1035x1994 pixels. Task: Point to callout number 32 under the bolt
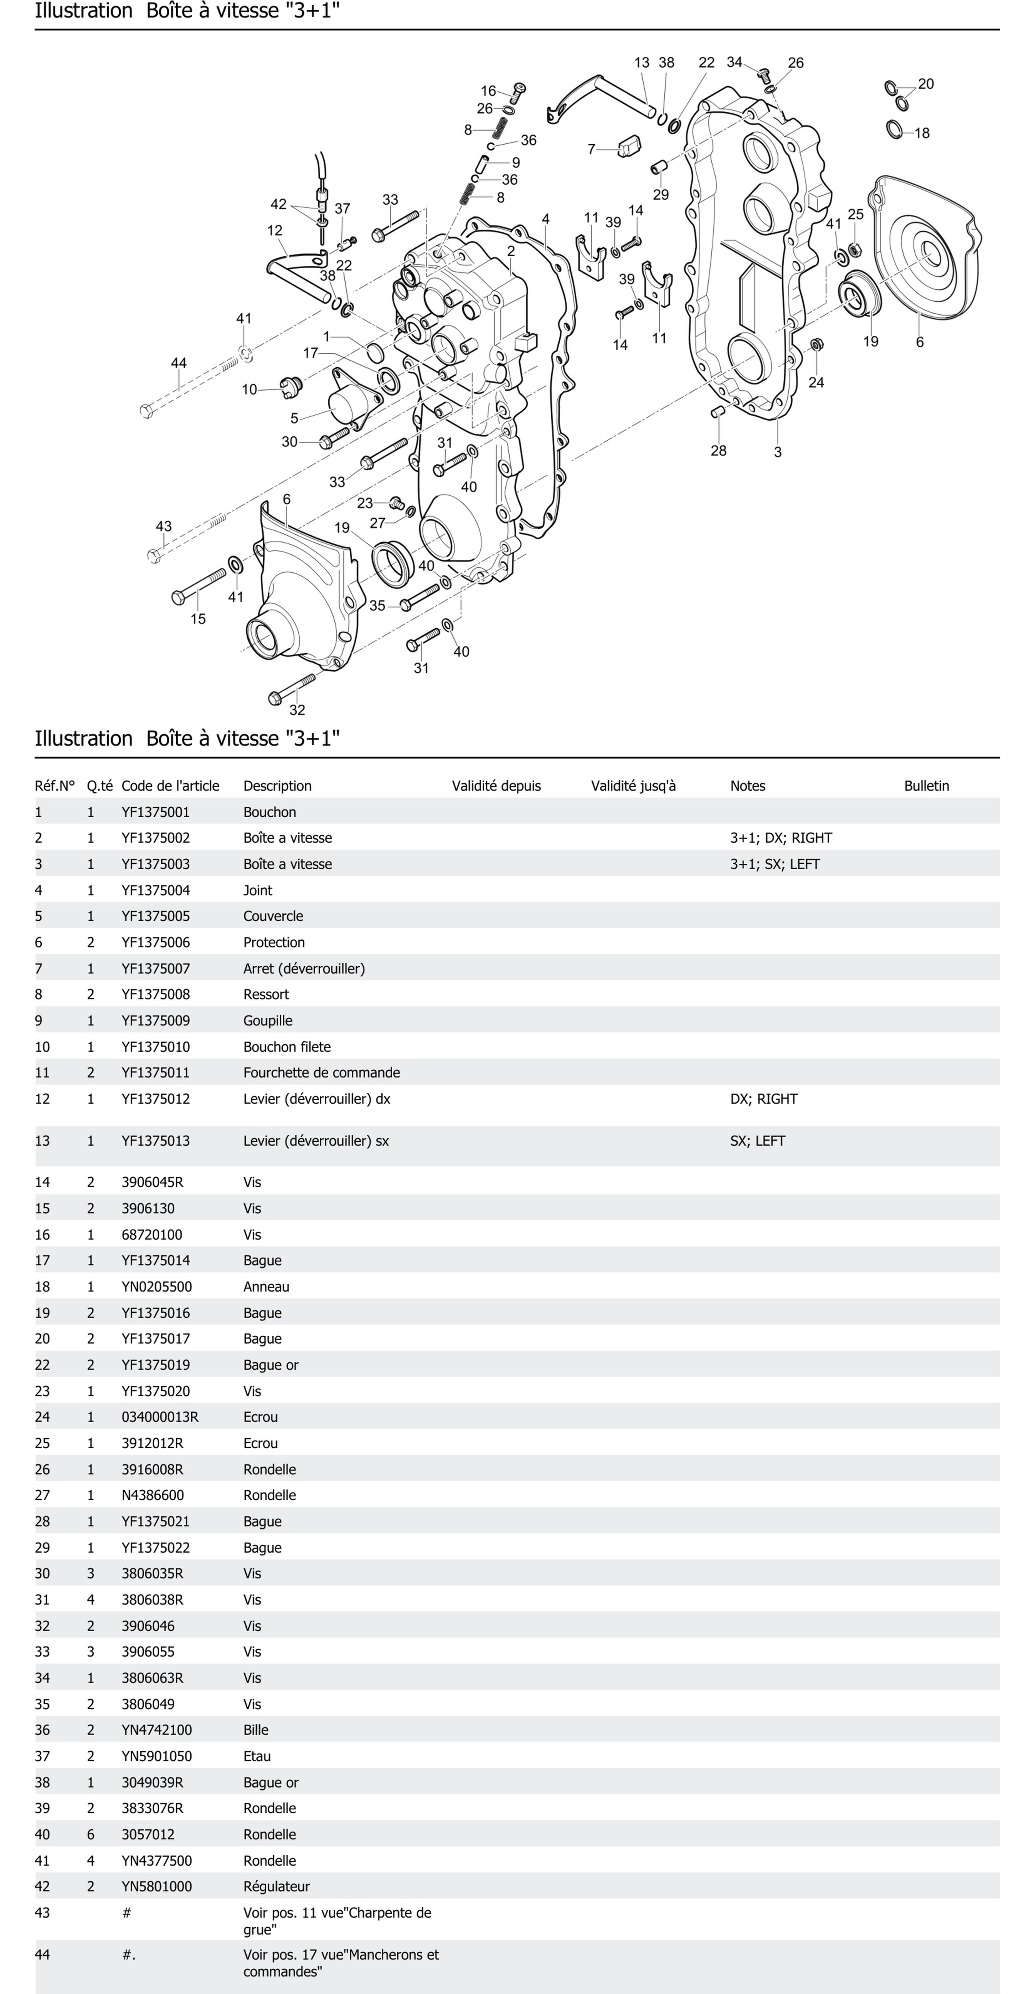click(297, 710)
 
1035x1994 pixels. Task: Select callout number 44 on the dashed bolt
click(179, 363)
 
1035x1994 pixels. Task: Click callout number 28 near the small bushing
click(718, 450)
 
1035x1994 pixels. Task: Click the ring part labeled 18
click(895, 128)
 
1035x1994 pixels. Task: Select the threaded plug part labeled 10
click(290, 385)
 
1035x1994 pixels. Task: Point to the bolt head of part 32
click(274, 698)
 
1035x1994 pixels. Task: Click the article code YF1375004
click(156, 890)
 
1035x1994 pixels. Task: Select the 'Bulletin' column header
click(926, 786)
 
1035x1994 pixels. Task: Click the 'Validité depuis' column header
click(496, 786)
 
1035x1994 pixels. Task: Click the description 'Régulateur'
click(276, 1886)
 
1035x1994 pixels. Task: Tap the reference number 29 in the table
click(42, 1547)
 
